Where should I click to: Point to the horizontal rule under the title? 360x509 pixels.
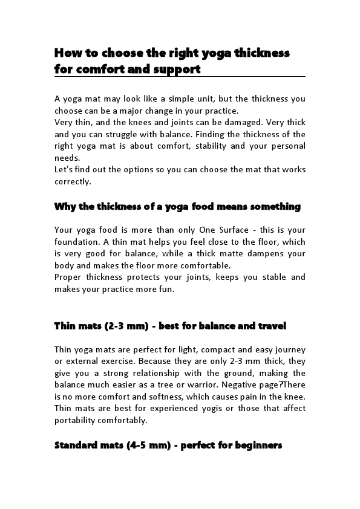click(180, 77)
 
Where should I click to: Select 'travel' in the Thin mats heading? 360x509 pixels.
click(271, 326)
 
